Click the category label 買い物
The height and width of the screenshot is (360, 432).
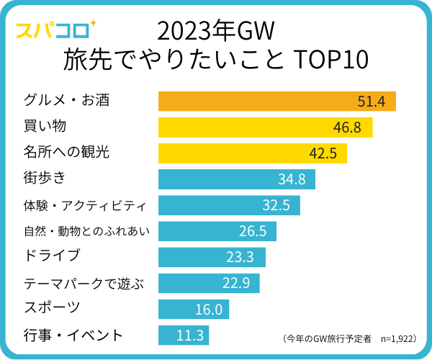click(45, 127)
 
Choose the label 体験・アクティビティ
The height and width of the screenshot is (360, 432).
click(85, 205)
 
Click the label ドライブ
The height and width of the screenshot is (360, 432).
click(51, 256)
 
